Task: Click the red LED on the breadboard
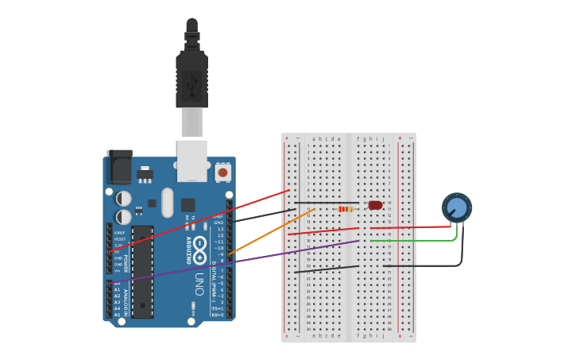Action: coord(375,205)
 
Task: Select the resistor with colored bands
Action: coord(346,209)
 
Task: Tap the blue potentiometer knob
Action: coord(457,207)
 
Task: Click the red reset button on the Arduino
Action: coord(222,172)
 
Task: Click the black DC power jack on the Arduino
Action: coord(118,167)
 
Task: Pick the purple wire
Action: coord(238,260)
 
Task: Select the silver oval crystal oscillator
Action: coord(167,202)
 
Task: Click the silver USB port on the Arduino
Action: coord(192,159)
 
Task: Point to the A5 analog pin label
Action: coord(118,315)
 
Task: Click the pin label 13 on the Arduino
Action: coord(220,229)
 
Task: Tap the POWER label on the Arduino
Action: coord(125,262)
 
